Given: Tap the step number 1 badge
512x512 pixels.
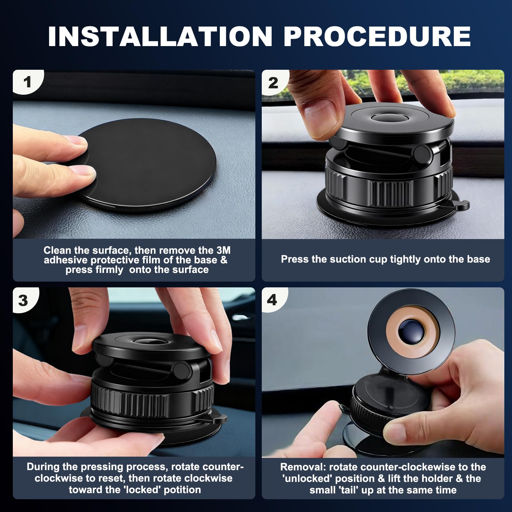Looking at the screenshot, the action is click(27, 82).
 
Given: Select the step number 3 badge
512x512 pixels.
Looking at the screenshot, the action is click(23, 300).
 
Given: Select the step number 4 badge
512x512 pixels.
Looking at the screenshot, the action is click(272, 300).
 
